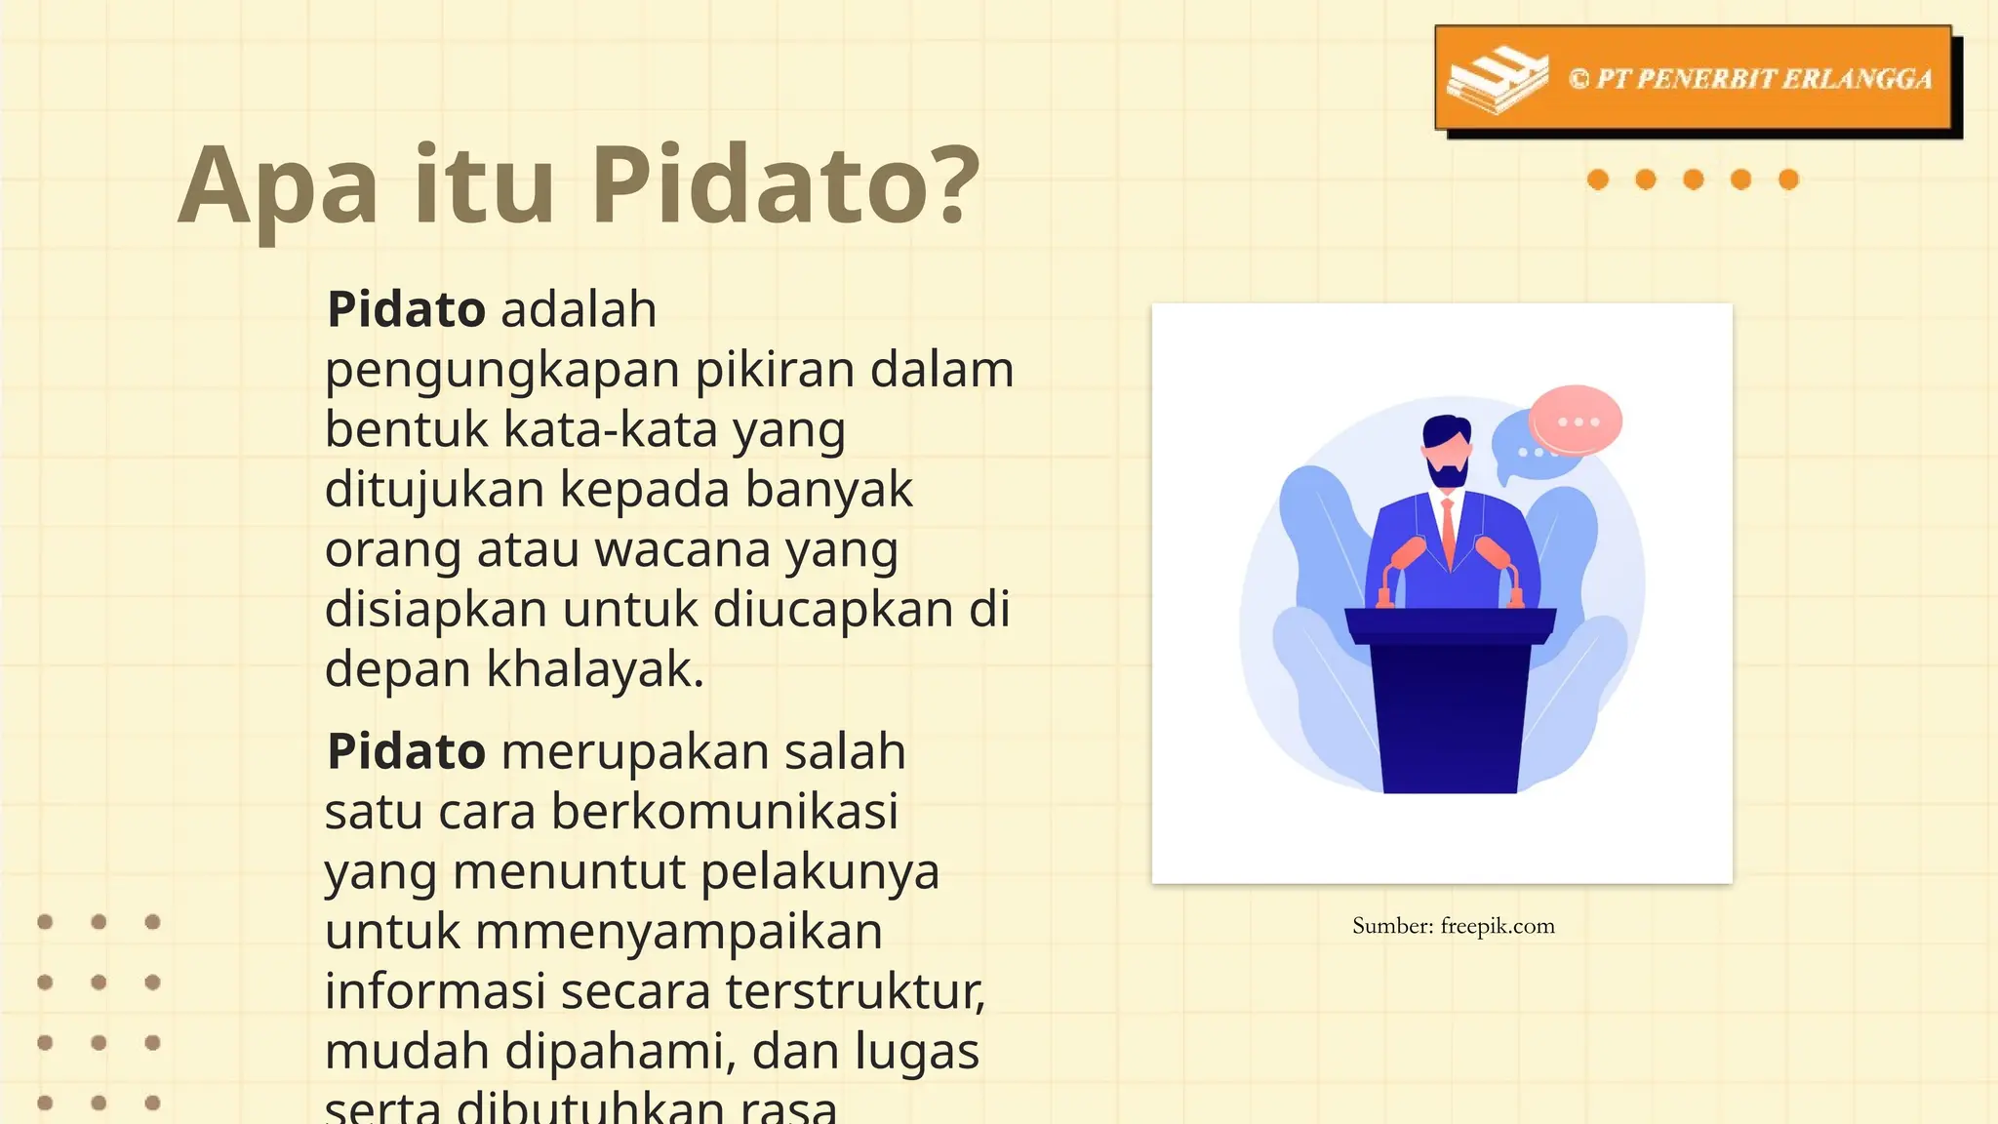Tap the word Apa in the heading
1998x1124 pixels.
tap(278, 185)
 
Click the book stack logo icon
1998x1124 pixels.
tap(1497, 79)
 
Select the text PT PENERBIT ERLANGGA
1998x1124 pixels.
tap(1763, 79)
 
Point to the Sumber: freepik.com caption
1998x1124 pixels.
tap(1453, 926)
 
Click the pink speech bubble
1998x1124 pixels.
tap(1575, 420)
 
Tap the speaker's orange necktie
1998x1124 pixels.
tap(1449, 532)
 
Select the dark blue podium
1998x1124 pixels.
tap(1450, 702)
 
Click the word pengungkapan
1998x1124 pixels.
tap(501, 371)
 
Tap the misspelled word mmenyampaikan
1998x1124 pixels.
tap(679, 932)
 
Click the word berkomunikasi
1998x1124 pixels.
tap(725, 812)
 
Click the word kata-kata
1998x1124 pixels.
tap(610, 430)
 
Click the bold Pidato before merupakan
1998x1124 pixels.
tap(406, 752)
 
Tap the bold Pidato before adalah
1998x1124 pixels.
tap(406, 310)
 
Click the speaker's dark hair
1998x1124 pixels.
tap(1446, 429)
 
